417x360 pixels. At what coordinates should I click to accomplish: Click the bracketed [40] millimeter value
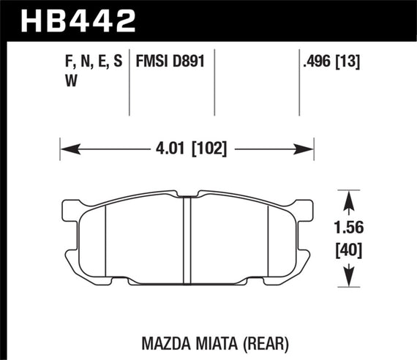pyautogui.click(x=350, y=251)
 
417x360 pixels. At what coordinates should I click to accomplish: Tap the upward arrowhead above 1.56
pyautogui.click(x=350, y=200)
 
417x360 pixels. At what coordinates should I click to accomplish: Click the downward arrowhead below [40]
pyautogui.click(x=350, y=279)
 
